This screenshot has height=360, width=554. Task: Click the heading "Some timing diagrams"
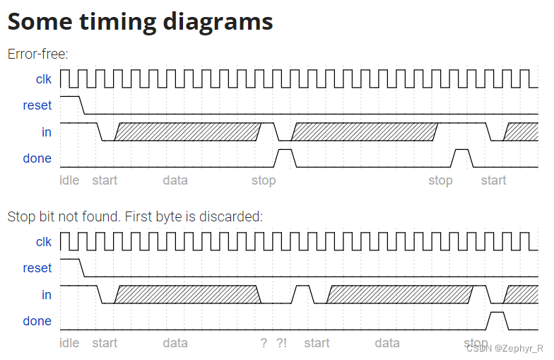[140, 21]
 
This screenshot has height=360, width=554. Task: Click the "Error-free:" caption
[37, 54]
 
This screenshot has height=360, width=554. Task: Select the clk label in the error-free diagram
[43, 79]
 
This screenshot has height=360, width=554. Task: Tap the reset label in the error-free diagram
[37, 105]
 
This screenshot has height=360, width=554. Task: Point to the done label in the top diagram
[37, 158]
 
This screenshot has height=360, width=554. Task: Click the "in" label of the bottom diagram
[46, 294]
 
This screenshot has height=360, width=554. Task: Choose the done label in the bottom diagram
[37, 321]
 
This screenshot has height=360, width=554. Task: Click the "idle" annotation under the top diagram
[69, 180]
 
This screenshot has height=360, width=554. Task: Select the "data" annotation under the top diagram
[175, 180]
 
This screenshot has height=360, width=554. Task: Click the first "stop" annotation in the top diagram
[264, 180]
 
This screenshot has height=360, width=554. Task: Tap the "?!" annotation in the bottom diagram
[282, 343]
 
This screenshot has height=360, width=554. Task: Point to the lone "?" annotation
[264, 343]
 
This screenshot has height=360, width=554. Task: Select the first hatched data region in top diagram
[187, 132]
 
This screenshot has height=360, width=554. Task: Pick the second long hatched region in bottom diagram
[399, 294]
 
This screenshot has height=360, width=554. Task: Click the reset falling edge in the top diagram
[82, 105]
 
